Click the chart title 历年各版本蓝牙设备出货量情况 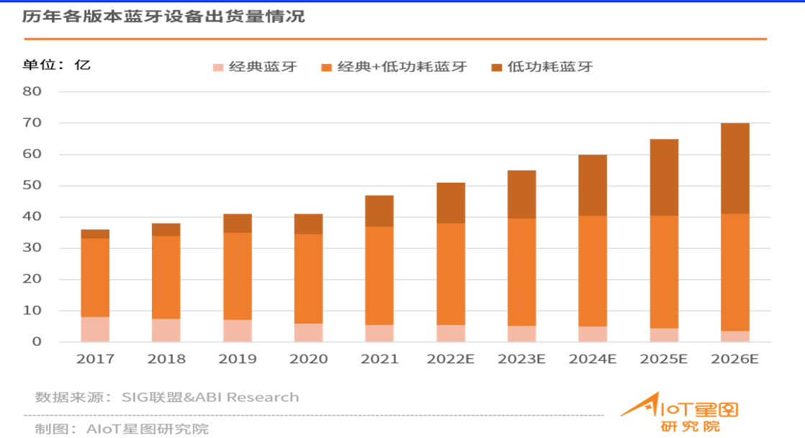163,17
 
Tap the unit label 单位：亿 56,65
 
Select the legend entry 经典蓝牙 255,67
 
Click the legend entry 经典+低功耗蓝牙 394,67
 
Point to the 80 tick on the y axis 33,92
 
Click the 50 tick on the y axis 33,186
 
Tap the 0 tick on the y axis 37,342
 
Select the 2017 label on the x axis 95,358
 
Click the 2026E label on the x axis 734,358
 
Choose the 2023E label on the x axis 521,358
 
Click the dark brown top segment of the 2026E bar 734,168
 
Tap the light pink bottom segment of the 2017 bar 95,329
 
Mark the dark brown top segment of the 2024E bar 593,185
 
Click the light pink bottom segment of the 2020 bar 308,332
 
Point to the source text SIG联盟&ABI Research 210,397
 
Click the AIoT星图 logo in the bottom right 680,413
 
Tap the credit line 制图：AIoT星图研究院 122,429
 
